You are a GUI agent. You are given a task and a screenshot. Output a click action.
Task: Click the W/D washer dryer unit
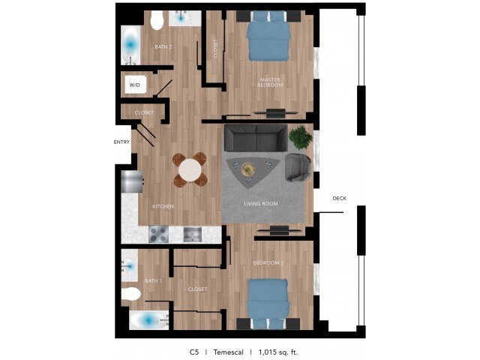point(135,85)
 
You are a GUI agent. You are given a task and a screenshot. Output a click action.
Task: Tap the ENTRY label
point(121,142)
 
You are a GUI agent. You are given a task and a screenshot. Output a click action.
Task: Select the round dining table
point(190,170)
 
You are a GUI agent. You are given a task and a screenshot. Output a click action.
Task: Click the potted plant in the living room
point(300,137)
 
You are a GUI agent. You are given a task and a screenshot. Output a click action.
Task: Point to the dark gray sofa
point(256,138)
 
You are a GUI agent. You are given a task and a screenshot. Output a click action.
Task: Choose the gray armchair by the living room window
point(298,167)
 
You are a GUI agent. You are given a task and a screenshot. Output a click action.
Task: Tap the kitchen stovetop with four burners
point(158,234)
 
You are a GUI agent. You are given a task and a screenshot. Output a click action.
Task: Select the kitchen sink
point(192,234)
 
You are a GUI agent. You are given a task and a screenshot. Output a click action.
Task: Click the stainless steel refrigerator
point(132,181)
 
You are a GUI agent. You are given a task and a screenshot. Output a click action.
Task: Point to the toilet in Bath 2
point(157,20)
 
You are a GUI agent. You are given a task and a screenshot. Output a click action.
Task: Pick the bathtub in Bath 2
point(130,45)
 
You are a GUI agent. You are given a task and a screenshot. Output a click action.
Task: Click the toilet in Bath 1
point(131,294)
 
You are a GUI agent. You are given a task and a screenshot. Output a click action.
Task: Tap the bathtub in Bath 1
point(148,320)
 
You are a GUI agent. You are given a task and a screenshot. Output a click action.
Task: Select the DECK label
point(340,198)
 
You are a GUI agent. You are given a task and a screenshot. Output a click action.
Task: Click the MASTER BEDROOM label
point(270,82)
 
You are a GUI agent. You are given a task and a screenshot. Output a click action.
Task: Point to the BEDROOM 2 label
point(268,262)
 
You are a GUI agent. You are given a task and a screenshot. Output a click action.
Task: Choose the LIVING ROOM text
point(261,203)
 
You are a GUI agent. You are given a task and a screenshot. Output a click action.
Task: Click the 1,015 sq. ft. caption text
point(278,352)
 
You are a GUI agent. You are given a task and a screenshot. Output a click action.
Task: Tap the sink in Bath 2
point(181,18)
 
